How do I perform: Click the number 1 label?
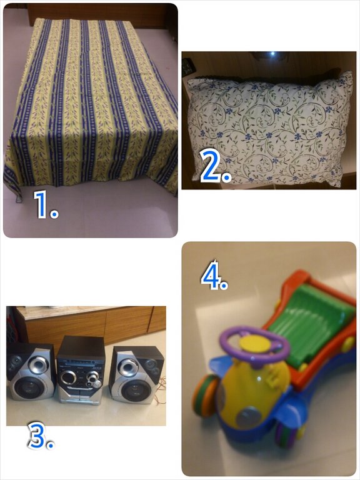click(x=45, y=204)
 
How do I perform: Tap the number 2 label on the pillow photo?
click(x=215, y=167)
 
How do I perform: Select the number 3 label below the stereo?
click(x=41, y=436)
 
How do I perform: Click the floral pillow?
click(x=269, y=129)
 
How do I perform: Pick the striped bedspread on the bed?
click(x=92, y=104)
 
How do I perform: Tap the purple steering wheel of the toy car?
click(x=255, y=345)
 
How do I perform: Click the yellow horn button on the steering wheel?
click(x=255, y=343)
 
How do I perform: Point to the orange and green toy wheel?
click(x=206, y=395)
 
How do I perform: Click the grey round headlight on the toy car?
click(x=248, y=416)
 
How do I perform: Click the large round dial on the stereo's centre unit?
click(x=68, y=377)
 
